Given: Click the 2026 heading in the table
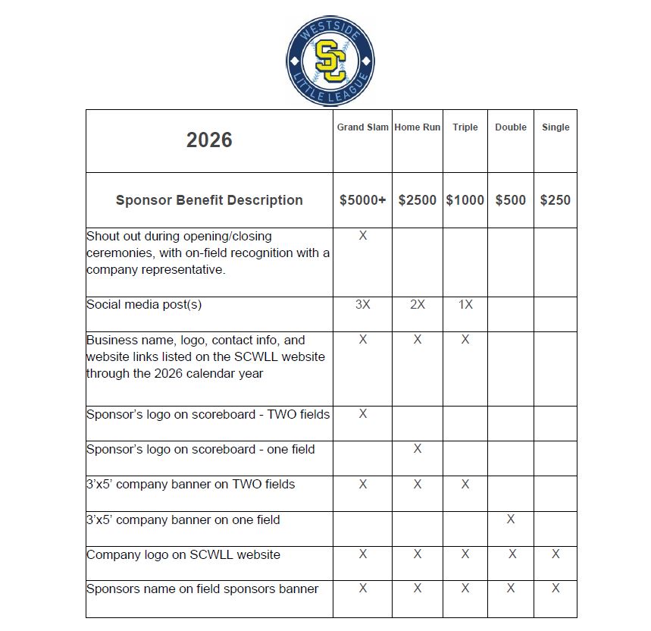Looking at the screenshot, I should point(209,140).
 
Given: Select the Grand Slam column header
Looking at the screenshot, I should point(362,127).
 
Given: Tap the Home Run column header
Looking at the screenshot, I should point(418,127).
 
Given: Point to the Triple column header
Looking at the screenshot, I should point(465,127).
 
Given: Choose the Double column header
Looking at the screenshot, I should point(511,127).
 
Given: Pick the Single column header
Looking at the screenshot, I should point(556,127).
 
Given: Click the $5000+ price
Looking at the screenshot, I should point(362,200).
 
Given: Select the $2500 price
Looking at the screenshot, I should point(418,200).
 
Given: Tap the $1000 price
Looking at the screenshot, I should point(465,200).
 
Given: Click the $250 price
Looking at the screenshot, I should point(556,200).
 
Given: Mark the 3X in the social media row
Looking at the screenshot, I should point(362,305).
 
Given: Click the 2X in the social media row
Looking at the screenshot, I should point(418,305).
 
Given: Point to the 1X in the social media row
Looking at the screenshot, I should point(465,305).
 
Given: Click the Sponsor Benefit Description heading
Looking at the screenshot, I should point(209,200).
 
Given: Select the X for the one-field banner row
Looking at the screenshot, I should point(511,520).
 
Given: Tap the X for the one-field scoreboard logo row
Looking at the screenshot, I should point(418,449).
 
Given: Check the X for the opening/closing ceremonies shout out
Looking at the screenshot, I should point(362,236).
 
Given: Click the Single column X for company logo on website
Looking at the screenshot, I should point(556,554).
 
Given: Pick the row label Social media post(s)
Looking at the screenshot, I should point(144,305).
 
